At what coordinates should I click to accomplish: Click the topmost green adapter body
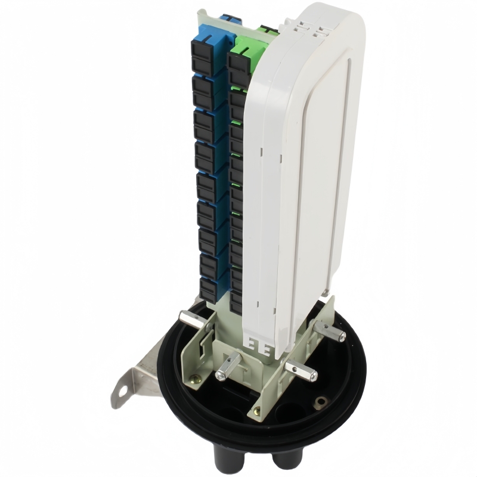pos(246,51)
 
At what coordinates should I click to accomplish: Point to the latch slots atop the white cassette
pos(311,27)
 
